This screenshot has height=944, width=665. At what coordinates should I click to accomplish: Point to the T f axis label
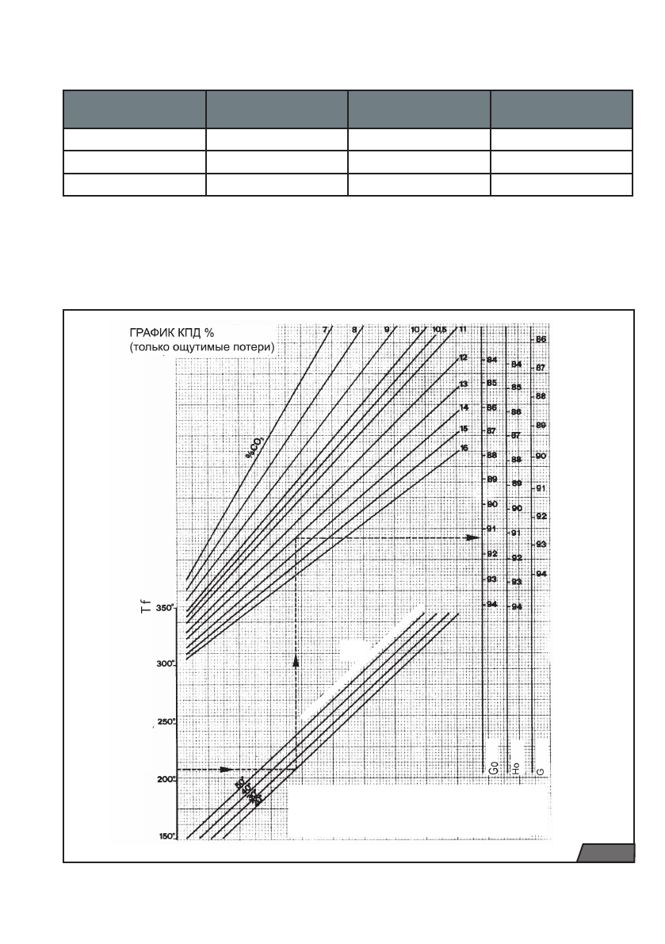(157, 611)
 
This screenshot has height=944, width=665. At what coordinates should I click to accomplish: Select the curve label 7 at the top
(325, 329)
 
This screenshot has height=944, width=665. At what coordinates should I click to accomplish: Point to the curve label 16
(463, 449)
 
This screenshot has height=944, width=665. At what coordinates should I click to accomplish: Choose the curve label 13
(463, 384)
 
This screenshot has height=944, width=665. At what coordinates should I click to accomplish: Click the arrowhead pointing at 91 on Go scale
(473, 537)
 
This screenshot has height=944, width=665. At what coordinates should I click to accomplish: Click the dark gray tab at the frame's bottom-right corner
(606, 853)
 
